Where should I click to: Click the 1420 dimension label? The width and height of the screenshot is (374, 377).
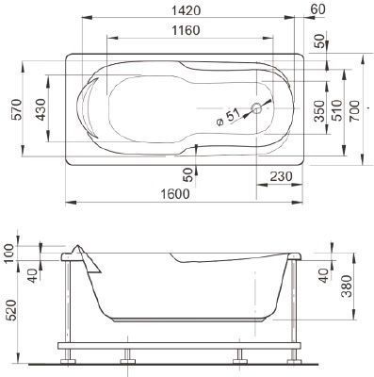point(187,10)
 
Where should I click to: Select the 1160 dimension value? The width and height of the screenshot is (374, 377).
point(186,30)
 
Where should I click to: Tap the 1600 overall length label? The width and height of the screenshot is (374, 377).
point(175,194)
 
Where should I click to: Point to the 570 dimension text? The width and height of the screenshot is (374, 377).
point(17,109)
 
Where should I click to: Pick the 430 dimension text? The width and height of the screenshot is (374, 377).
point(41,109)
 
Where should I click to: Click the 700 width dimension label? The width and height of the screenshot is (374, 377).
point(354,111)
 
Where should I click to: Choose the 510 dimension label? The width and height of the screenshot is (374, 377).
point(337,110)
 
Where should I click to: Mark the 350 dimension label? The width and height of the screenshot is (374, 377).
point(319,111)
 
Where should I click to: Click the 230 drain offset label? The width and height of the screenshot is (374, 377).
point(281,176)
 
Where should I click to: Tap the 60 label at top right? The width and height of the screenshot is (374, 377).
point(317,9)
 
